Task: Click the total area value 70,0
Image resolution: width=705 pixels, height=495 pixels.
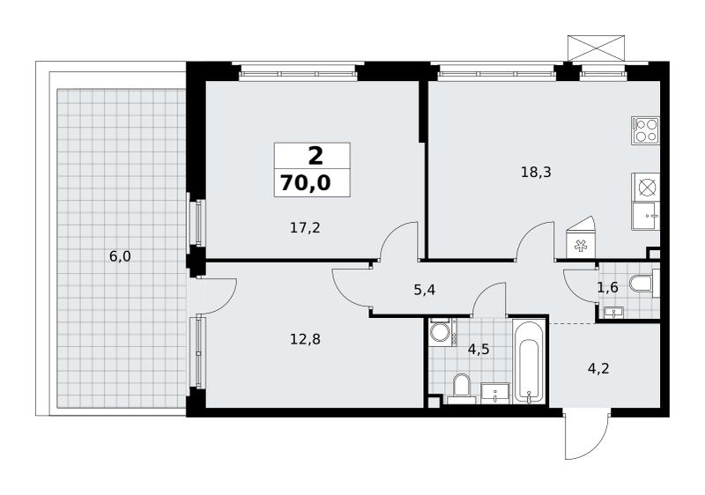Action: pos(306,183)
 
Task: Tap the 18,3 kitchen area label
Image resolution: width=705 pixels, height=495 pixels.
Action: pos(536,172)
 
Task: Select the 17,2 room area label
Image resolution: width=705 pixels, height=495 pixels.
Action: pos(305,228)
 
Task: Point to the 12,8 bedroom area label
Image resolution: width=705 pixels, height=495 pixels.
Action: pos(305,339)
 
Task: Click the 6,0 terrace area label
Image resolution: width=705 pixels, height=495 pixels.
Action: pos(120,256)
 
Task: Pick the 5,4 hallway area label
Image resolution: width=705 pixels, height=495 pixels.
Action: pos(425,290)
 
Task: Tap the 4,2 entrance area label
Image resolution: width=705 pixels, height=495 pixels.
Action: pos(598,368)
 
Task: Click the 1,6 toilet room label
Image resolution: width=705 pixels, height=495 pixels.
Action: pos(607,287)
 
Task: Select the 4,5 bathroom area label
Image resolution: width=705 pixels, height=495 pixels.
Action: pos(479,349)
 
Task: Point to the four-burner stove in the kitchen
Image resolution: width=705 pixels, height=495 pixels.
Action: pos(645,130)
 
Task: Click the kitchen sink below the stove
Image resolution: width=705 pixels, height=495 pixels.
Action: pos(645,216)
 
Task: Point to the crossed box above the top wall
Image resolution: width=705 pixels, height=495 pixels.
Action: pos(597,48)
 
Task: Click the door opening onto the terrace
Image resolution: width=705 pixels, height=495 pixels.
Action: pos(212,295)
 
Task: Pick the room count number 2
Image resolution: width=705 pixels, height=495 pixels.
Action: pos(315,156)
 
